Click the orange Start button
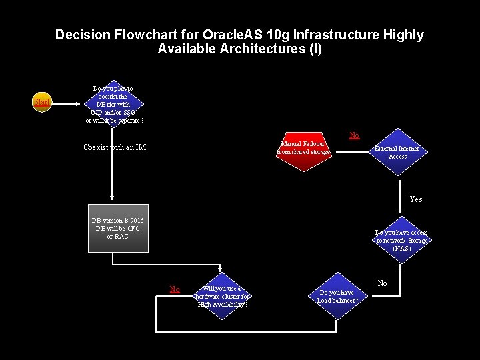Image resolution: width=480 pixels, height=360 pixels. [42, 103]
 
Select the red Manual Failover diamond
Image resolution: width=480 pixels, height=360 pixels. [304, 149]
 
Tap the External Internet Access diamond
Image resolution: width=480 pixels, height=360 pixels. [397, 152]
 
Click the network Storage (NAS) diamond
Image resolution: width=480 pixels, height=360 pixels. [402, 240]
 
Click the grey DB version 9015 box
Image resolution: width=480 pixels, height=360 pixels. [118, 228]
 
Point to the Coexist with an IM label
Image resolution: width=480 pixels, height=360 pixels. [115, 147]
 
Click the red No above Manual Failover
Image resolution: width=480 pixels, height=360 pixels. [355, 135]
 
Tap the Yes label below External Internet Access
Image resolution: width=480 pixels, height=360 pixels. [416, 199]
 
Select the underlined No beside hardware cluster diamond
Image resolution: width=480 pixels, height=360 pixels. [175, 289]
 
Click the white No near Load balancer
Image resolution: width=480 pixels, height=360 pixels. [382, 283]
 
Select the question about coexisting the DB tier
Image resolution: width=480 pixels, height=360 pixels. [114, 105]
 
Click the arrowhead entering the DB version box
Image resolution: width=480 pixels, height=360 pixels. [112, 200]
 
